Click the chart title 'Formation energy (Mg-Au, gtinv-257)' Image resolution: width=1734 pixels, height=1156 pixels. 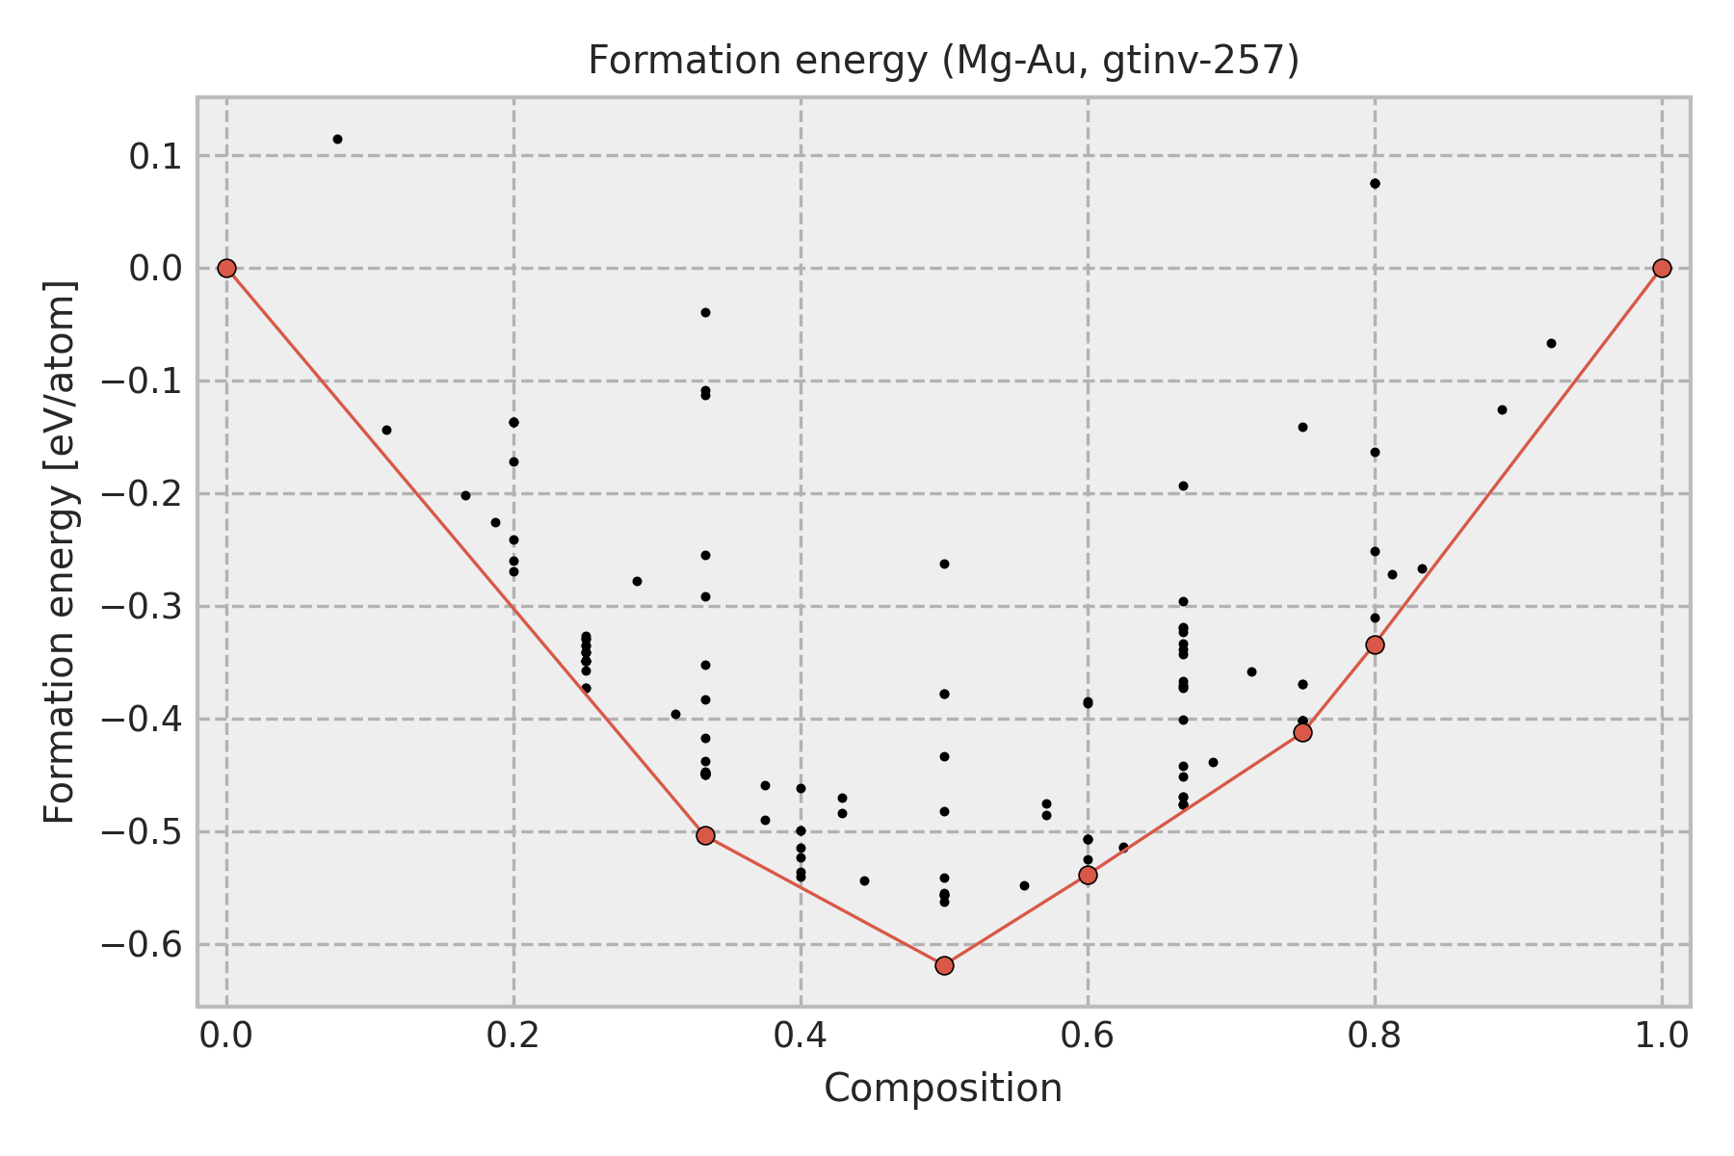point(943,61)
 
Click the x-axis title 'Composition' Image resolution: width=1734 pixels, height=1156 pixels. point(943,1089)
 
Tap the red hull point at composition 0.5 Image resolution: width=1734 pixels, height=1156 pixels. point(944,965)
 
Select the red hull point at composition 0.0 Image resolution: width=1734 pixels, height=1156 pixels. point(226,268)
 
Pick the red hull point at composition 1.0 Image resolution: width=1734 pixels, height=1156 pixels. point(1662,268)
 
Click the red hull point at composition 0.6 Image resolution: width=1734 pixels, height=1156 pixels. point(1088,875)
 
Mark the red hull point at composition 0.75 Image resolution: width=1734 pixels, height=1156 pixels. point(1302,732)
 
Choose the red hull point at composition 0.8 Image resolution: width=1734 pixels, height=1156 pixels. point(1375,644)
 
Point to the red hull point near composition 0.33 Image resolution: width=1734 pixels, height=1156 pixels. point(705,835)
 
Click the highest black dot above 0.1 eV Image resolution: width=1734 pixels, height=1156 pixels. point(337,139)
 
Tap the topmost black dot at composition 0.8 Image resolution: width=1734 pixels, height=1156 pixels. point(1375,183)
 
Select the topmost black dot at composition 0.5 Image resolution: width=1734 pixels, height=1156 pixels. point(944,564)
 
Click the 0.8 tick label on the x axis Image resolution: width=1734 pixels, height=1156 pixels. point(1375,1035)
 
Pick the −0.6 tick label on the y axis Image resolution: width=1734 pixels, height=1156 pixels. point(141,945)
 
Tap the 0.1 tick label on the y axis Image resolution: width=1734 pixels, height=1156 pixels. point(155,156)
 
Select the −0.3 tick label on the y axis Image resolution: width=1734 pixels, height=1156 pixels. point(141,607)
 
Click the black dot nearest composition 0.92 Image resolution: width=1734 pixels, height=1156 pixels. point(1551,343)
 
